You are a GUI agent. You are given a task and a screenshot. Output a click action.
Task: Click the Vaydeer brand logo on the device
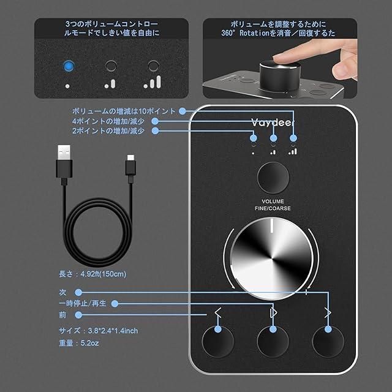tap(273, 123)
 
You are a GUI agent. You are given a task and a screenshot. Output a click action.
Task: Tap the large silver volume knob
tap(271, 258)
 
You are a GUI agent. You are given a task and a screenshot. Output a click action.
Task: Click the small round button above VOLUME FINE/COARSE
tap(273, 178)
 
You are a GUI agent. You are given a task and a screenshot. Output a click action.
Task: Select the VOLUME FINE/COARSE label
tap(273, 205)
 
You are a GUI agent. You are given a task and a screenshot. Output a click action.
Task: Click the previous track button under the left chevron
tap(218, 342)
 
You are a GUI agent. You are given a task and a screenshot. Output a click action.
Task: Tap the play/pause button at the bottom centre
tap(273, 342)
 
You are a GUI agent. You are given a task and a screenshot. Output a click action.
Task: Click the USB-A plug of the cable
tap(64, 161)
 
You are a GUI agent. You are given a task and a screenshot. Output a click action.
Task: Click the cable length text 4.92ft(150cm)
tap(104, 274)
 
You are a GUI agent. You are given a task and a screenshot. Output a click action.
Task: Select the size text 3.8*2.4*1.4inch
tap(113, 331)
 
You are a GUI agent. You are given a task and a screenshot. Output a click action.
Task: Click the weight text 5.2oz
tap(89, 343)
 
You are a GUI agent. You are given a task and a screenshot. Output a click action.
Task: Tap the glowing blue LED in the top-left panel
tap(68, 66)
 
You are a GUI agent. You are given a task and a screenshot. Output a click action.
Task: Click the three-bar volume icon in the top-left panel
tap(153, 81)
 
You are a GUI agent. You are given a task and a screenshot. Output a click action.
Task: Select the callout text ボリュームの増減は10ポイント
tap(124, 111)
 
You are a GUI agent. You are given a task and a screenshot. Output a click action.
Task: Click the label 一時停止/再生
tap(83, 304)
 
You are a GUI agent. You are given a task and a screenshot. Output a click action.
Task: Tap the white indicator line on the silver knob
tap(271, 226)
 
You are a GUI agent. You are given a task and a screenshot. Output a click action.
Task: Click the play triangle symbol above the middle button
tap(273, 313)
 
